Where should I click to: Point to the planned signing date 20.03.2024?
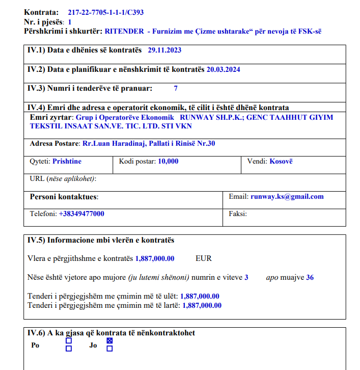click(223, 69)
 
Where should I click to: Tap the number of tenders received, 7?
click(176, 88)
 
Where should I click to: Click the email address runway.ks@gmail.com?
click(287, 196)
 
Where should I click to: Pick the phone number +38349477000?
click(81, 214)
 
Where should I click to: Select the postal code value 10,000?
click(168, 161)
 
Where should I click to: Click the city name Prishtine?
click(67, 161)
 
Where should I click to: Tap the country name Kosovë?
click(281, 161)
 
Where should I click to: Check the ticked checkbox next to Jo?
click(109, 340)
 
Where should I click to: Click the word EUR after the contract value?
click(203, 258)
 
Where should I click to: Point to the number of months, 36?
click(310, 277)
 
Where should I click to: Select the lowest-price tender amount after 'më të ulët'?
click(200, 296)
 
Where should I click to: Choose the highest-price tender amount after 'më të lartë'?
click(202, 305)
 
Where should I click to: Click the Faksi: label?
click(238, 214)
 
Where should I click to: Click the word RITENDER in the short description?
click(123, 31)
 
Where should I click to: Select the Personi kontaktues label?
click(64, 197)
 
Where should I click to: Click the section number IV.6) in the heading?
click(36, 333)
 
